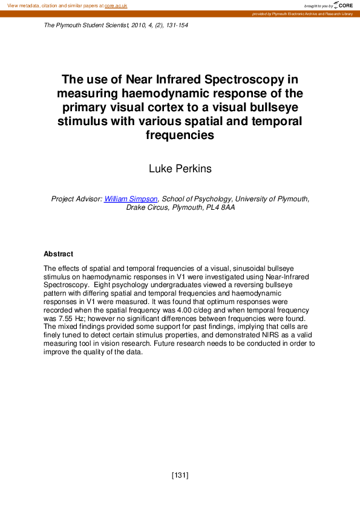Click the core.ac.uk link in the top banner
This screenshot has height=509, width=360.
point(116,5)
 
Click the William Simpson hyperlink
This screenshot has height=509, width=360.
point(130,199)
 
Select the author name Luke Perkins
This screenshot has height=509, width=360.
point(180,169)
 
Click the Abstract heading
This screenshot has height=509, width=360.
point(58,254)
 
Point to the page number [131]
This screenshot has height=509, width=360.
point(180,475)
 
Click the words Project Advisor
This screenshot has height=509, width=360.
point(76,199)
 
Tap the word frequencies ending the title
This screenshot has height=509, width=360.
point(180,135)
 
